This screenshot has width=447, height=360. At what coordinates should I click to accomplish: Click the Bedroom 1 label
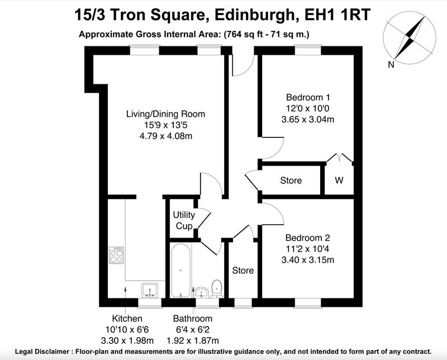(x=308, y=98)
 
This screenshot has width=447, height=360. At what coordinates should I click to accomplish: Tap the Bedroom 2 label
(x=308, y=238)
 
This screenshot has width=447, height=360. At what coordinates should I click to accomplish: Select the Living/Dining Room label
(x=165, y=114)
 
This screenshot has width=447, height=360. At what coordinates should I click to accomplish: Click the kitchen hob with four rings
(x=117, y=255)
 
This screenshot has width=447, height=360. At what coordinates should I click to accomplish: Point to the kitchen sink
(x=150, y=290)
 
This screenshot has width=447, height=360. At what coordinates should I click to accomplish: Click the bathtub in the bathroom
(x=180, y=271)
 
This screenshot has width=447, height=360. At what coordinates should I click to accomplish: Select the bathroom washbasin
(x=202, y=292)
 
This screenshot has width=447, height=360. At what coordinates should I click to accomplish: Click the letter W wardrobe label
(x=339, y=181)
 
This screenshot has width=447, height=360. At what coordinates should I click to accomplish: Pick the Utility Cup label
(x=184, y=220)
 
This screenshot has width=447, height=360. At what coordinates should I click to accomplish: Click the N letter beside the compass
(x=391, y=65)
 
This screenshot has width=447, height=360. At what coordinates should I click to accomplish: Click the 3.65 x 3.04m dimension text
(x=308, y=119)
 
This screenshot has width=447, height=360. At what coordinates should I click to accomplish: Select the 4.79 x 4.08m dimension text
(x=165, y=136)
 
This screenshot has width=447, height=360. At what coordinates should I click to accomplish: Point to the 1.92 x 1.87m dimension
(x=193, y=340)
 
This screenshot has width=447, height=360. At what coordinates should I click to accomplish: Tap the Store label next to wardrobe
(x=291, y=181)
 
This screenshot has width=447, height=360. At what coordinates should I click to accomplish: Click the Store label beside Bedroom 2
(x=243, y=271)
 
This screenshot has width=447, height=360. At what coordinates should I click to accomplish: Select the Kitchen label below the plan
(x=127, y=318)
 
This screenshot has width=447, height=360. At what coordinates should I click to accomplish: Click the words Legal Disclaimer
(x=42, y=352)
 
